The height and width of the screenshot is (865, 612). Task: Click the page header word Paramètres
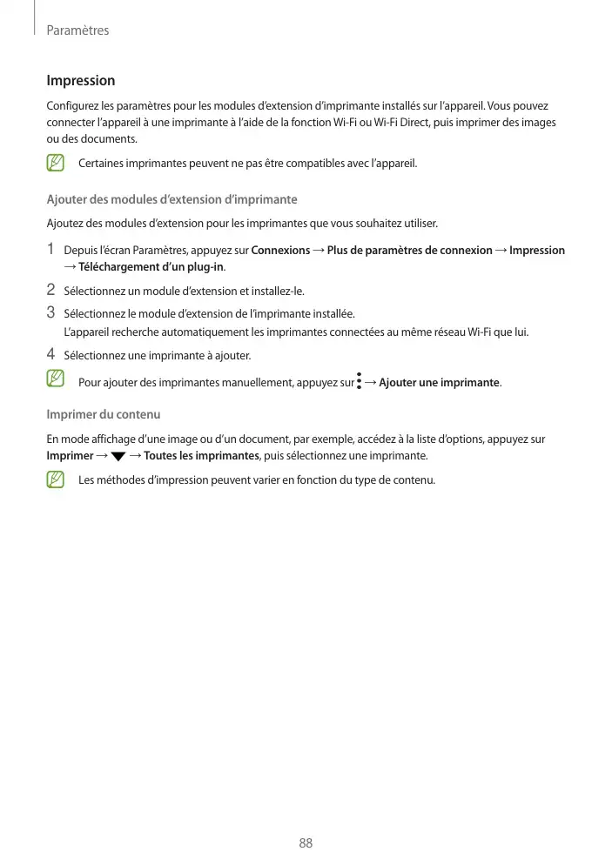77,30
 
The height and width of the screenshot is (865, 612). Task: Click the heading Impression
80,81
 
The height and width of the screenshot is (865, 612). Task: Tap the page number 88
306,843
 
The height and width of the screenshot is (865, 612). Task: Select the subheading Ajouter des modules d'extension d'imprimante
171,200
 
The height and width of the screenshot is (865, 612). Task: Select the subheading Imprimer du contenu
103,414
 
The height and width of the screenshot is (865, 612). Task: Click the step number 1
50,250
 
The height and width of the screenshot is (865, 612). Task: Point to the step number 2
50,290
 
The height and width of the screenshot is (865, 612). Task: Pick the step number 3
50,312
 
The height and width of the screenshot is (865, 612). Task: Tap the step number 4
50,354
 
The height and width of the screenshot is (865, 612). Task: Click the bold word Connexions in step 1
280,251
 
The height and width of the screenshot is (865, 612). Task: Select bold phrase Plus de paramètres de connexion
409,251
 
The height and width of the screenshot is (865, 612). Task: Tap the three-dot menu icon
359,382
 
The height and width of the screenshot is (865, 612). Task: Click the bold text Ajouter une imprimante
439,383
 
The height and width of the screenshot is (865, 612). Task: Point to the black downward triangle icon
118,457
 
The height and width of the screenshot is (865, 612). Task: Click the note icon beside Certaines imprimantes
57,163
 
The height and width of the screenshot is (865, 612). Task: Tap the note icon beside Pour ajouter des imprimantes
57,379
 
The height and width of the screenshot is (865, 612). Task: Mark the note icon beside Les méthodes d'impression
57,479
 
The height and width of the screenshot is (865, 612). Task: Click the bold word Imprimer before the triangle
70,456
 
